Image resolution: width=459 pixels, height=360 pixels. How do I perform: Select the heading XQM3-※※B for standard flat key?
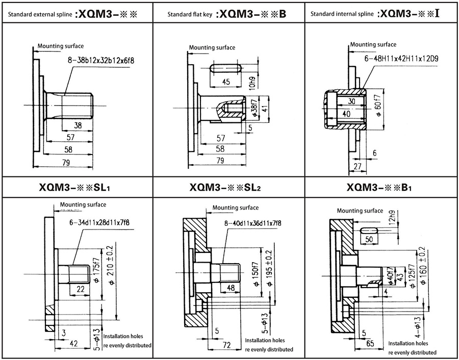250,13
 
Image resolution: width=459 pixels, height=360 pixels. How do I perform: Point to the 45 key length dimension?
226,82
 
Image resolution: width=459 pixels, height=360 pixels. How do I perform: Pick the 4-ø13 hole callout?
418,328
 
